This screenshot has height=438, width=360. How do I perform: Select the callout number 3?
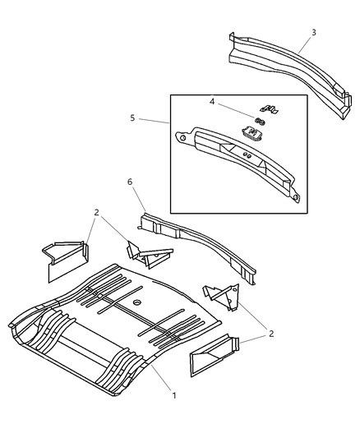[314, 33]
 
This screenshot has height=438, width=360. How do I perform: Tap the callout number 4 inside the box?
[212, 102]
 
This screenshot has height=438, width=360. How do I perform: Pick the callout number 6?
[130, 182]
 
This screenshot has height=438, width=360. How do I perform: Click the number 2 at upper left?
[97, 213]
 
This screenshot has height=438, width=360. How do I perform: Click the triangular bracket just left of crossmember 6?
[148, 255]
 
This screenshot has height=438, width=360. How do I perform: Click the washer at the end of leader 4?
[260, 122]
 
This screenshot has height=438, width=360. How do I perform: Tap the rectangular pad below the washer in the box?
[250, 131]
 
